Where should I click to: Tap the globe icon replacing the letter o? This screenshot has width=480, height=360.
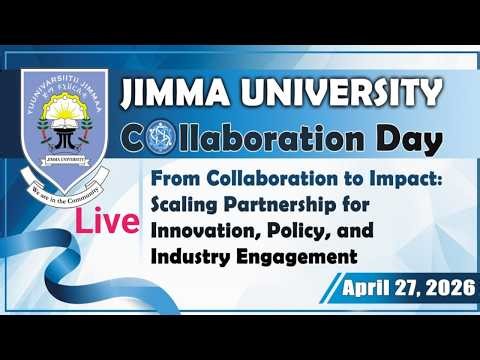(163, 140)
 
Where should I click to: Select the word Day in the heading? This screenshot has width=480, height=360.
(406, 139)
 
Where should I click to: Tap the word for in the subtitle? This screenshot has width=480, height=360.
(353, 208)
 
